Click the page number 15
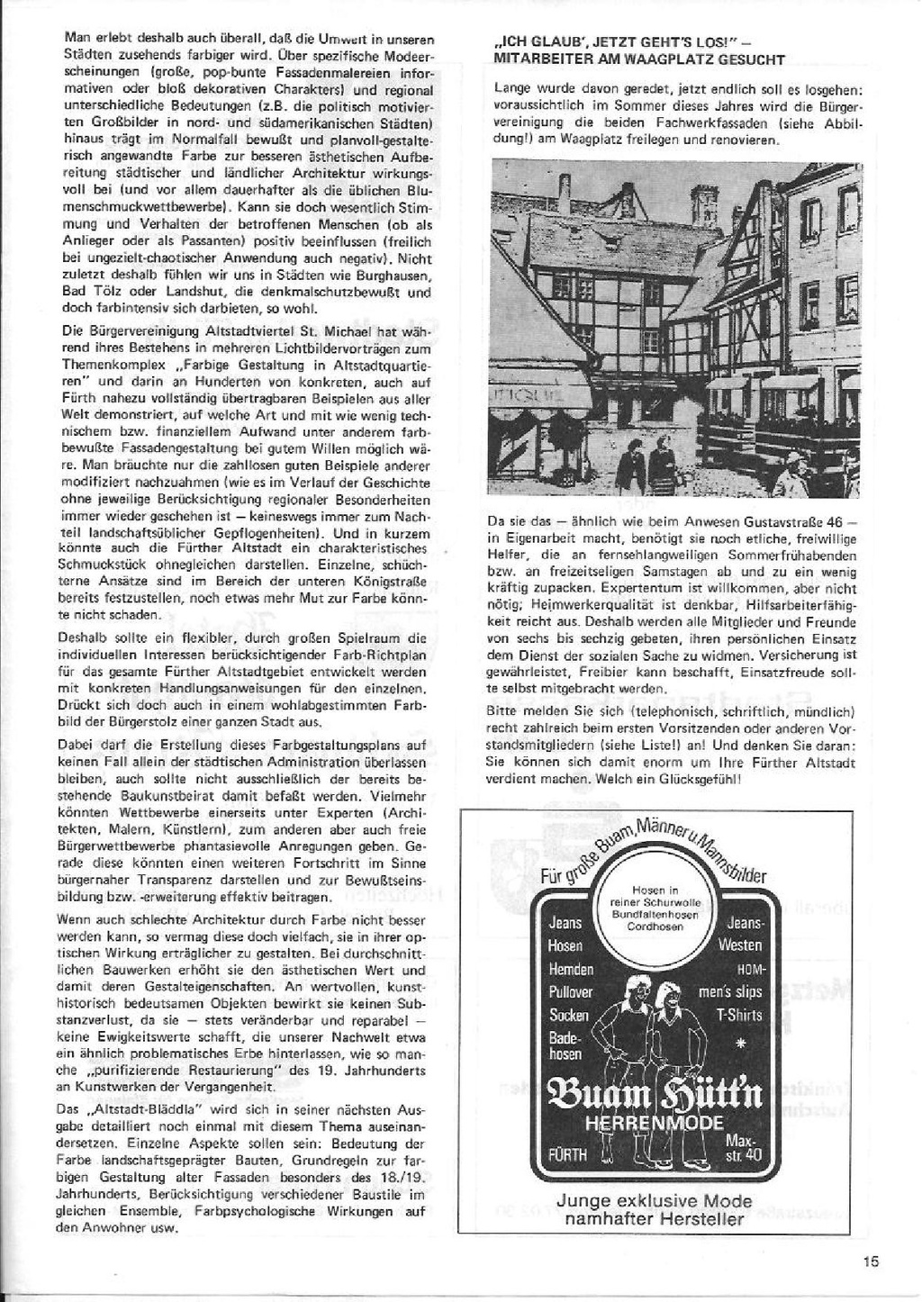(x=869, y=1261)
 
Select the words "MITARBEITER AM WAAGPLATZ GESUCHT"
(x=640, y=60)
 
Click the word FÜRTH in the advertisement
(x=565, y=1154)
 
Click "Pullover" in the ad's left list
(x=571, y=991)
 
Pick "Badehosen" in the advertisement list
(x=566, y=1045)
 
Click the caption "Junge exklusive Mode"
(x=654, y=1201)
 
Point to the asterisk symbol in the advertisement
(x=742, y=1044)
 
